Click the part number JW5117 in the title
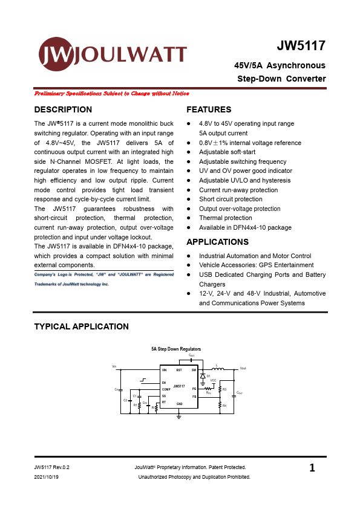301,46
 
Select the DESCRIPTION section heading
63,110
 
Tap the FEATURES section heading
209,110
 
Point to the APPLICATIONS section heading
217,242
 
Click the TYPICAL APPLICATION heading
81,327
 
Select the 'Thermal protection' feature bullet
225,218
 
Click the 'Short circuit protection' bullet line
231,199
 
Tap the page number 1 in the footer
312,468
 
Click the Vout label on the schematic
243,368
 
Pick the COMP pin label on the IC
166,389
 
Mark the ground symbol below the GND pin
179,417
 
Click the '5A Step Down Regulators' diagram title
176,349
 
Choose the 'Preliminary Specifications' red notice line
112,94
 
